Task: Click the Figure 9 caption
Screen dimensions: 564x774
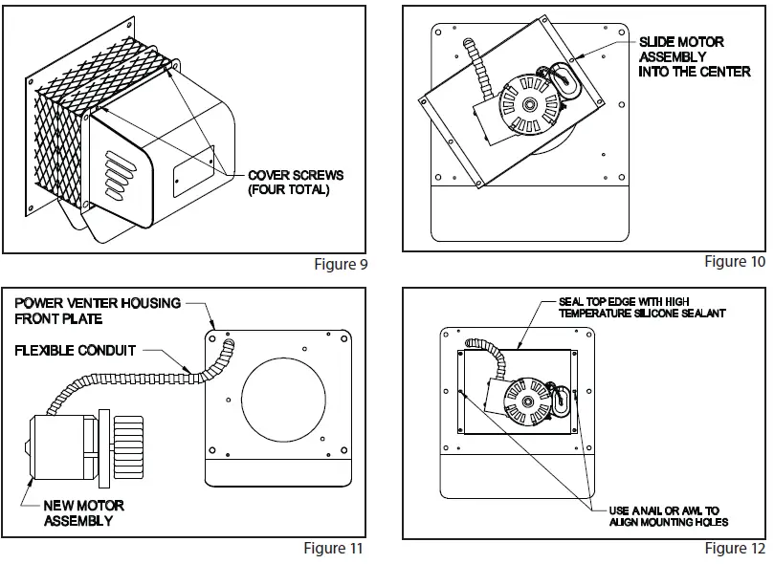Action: click(340, 265)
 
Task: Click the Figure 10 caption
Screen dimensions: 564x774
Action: click(735, 261)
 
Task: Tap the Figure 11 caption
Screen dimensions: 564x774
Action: click(333, 548)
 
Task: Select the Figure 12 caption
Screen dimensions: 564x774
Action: click(735, 548)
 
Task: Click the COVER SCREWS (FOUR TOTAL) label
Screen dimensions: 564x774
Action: click(295, 182)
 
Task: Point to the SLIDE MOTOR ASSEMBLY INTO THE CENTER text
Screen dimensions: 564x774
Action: click(694, 56)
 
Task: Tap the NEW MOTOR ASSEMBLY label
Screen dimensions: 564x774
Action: click(83, 512)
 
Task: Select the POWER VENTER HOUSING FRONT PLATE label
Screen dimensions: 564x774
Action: click(98, 311)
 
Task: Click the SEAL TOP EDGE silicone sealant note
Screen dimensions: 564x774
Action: click(642, 307)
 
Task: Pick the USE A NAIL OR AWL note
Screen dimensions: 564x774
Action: click(669, 515)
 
